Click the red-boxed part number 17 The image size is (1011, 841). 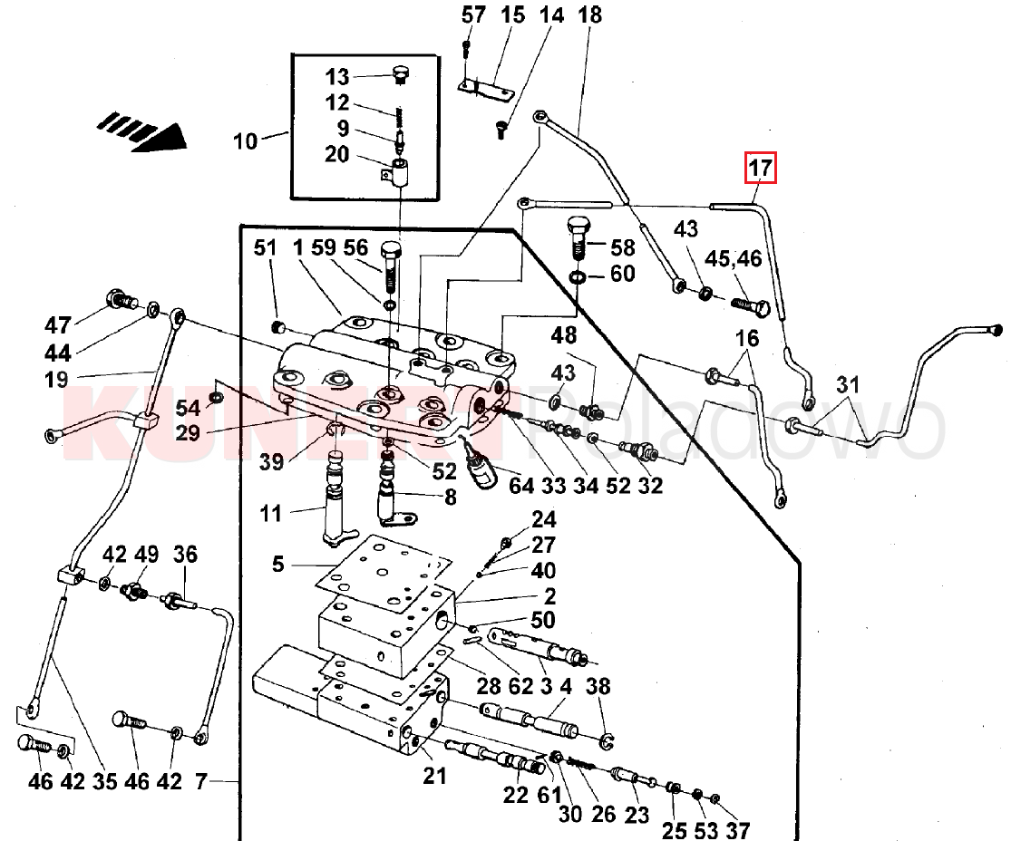tap(761, 168)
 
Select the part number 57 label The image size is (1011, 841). tap(474, 14)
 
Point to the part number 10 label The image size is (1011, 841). tap(245, 141)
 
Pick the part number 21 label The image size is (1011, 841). tap(435, 776)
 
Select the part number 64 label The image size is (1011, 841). tap(521, 486)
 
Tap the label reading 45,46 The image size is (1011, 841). tap(734, 259)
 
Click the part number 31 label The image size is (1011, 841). tap(847, 384)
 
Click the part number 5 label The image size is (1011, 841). tap(278, 565)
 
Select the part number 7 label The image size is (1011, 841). tap(201, 780)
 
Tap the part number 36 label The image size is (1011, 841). tap(185, 555)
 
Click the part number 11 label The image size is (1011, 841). tap(271, 515)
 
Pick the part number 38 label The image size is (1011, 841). tap(598, 687)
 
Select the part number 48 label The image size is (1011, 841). tap(564, 335)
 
